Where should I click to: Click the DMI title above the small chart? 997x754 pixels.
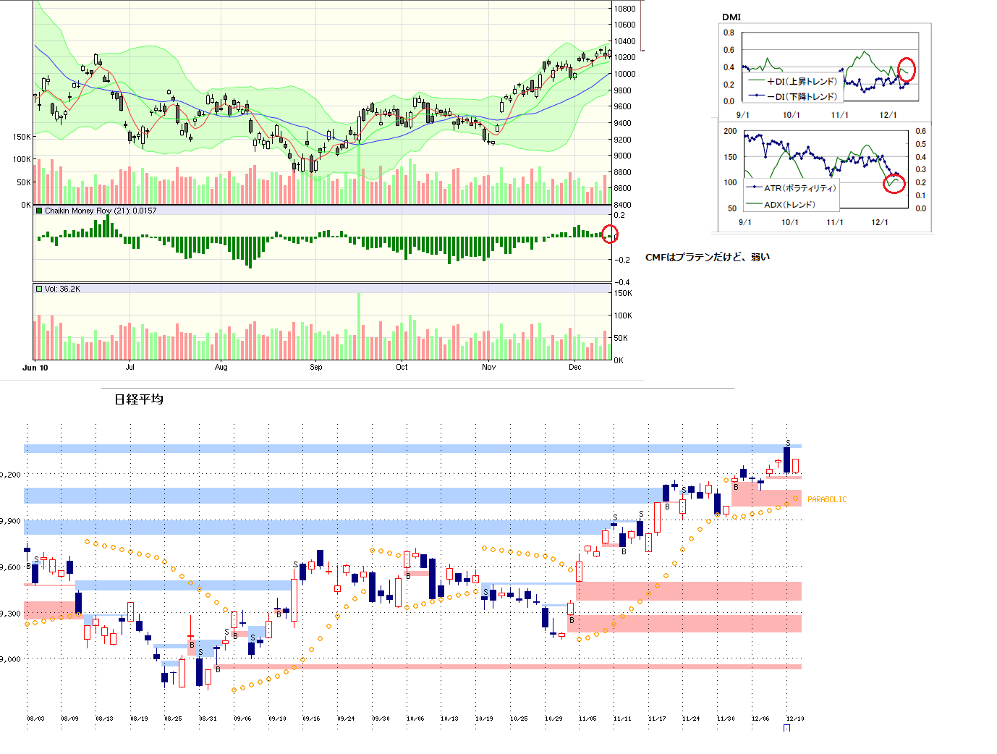tap(731, 17)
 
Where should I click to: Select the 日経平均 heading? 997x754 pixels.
tap(139, 399)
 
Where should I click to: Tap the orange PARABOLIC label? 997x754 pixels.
tap(826, 499)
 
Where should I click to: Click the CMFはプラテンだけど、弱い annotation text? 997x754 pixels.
tap(707, 257)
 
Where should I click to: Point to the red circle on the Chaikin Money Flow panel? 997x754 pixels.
tap(610, 234)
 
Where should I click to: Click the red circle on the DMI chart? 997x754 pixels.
tap(907, 69)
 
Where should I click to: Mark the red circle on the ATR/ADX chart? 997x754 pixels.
tap(895, 183)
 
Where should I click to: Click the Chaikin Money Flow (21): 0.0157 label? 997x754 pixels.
tap(100, 211)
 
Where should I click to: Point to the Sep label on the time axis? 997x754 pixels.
tap(316, 367)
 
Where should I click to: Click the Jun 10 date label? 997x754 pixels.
tap(35, 368)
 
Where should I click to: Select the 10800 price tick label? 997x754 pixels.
tap(624, 9)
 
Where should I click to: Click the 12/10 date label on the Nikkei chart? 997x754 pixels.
tap(794, 719)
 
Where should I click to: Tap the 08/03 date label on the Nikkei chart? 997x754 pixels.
tap(35, 719)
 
